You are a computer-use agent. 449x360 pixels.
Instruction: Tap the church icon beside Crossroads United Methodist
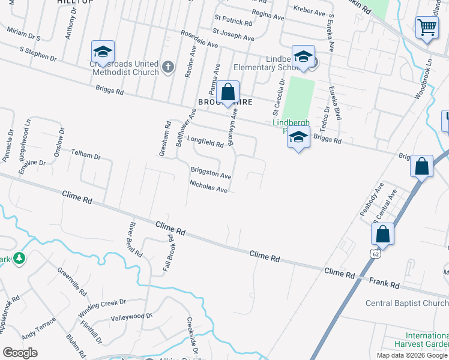coord(169,67)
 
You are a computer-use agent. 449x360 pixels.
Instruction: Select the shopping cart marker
coord(427,28)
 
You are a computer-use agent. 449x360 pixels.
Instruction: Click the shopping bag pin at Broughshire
coord(228,93)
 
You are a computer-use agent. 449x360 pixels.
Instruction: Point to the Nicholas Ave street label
coord(208,187)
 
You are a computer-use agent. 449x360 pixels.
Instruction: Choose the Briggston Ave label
coord(211,173)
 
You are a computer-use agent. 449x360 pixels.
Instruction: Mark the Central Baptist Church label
coord(408,302)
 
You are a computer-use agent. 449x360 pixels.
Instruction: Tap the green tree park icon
coord(19,258)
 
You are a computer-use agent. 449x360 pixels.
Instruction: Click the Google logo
coord(20,352)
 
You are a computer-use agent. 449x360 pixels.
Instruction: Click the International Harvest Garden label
coord(427,340)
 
